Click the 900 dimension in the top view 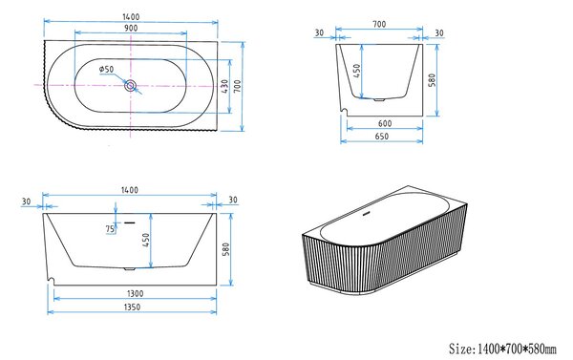[131, 28]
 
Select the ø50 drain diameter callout [106, 69]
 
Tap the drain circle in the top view [131, 86]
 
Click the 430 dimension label [224, 86]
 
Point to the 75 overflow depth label [110, 229]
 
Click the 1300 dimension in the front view [135, 293]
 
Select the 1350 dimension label [132, 307]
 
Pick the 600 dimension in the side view [385, 124]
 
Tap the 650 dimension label [382, 137]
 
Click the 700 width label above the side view [379, 24]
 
